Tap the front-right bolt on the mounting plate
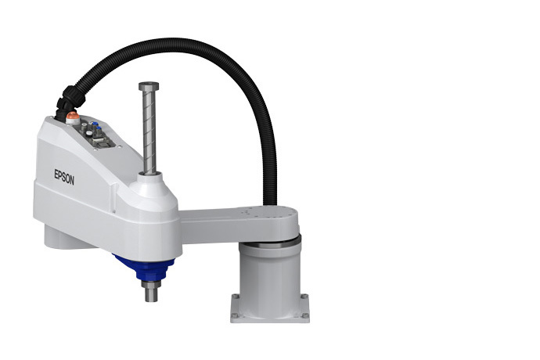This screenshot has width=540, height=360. pos(304,316)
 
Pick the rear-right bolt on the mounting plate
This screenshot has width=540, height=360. pos(304,298)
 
